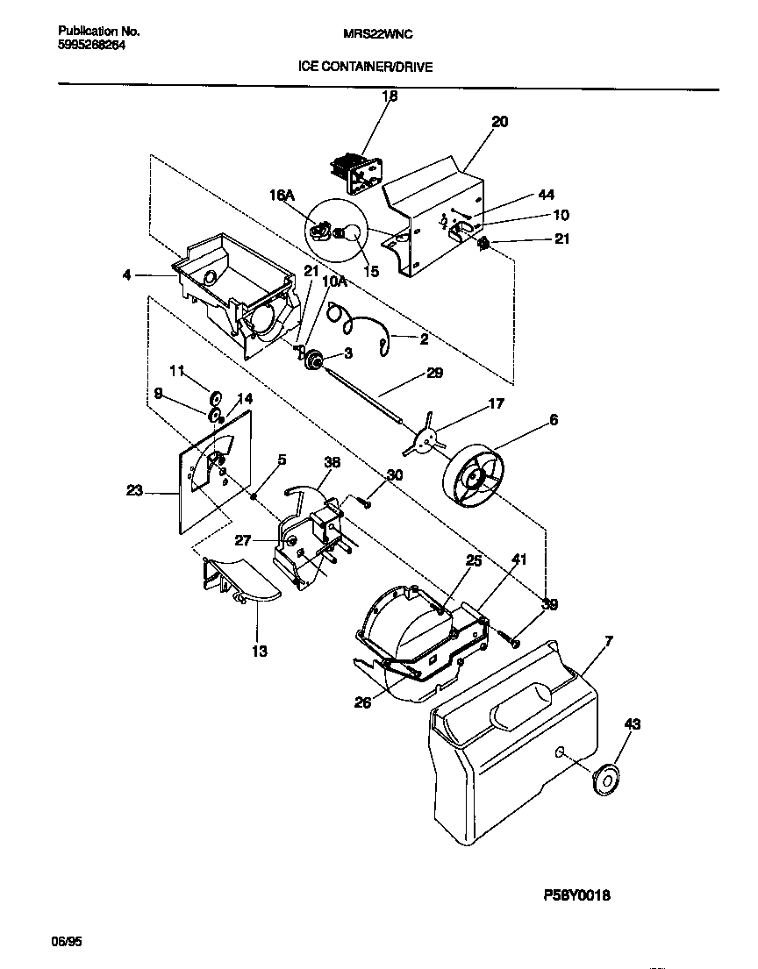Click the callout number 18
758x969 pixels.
[390, 96]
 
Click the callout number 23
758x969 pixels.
[134, 492]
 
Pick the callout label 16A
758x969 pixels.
[282, 197]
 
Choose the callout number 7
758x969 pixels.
[609, 642]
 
